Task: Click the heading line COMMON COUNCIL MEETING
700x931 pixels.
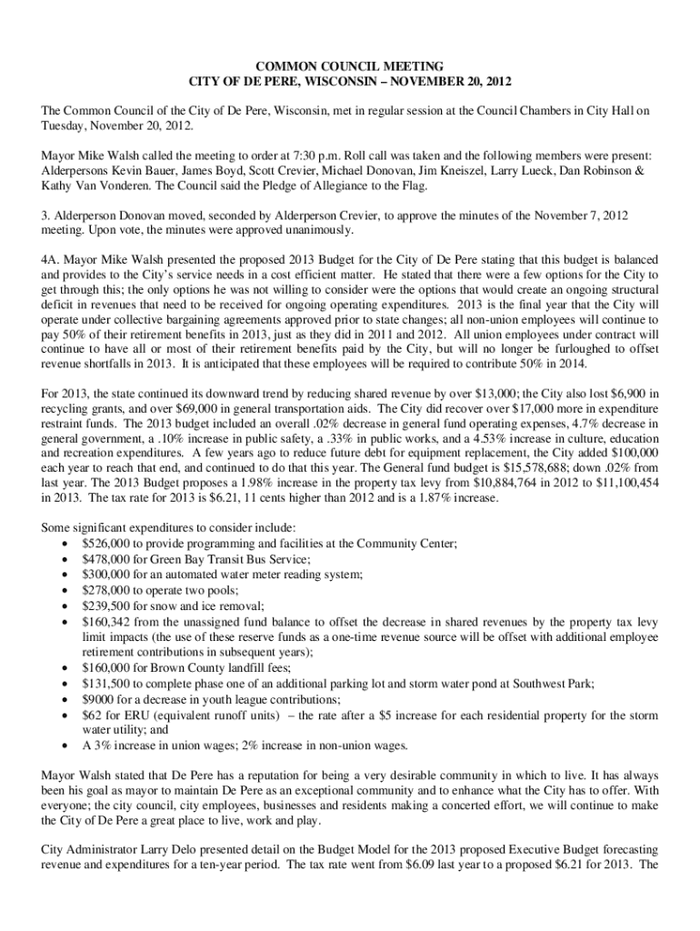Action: click(350, 66)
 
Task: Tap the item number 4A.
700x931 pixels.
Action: click(51, 259)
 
